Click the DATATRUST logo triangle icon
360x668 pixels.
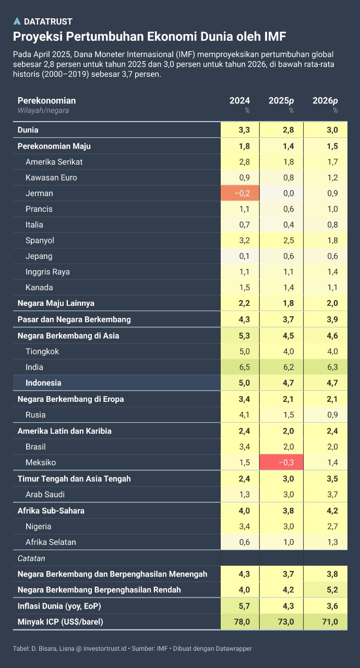(x=17, y=21)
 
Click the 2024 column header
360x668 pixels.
(x=239, y=101)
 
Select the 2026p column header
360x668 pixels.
(x=325, y=101)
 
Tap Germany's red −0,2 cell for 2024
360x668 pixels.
(x=239, y=193)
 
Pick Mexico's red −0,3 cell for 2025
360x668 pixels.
(x=281, y=462)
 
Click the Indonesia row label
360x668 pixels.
(x=43, y=383)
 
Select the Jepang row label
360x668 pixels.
(x=39, y=256)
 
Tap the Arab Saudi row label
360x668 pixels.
(x=45, y=494)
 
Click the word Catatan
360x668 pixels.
(x=31, y=558)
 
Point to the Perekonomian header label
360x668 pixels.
(x=46, y=100)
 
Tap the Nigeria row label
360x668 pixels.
(x=38, y=526)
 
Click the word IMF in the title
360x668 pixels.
(x=274, y=37)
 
